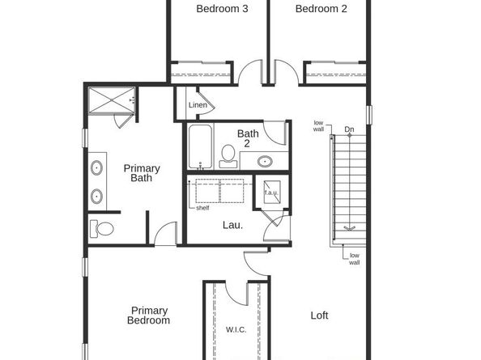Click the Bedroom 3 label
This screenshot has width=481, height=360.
[222, 10]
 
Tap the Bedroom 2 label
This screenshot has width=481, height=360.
[321, 10]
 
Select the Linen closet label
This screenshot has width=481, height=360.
[198, 106]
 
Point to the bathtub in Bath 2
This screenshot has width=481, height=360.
[200, 145]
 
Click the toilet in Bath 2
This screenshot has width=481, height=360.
[228, 154]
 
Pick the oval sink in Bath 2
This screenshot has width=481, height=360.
[265, 161]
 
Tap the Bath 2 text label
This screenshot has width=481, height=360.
[248, 138]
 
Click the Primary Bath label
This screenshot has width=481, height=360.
[142, 173]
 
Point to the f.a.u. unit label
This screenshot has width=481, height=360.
[270, 193]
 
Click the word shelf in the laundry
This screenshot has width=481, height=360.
[202, 208]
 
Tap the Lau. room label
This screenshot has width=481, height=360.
[232, 226]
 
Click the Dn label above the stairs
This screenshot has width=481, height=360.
[349, 129]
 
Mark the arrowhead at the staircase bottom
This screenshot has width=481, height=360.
[349, 229]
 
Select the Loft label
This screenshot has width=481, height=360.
[320, 316]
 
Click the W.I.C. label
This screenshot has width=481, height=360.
[236, 330]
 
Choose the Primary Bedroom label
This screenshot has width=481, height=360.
[150, 316]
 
